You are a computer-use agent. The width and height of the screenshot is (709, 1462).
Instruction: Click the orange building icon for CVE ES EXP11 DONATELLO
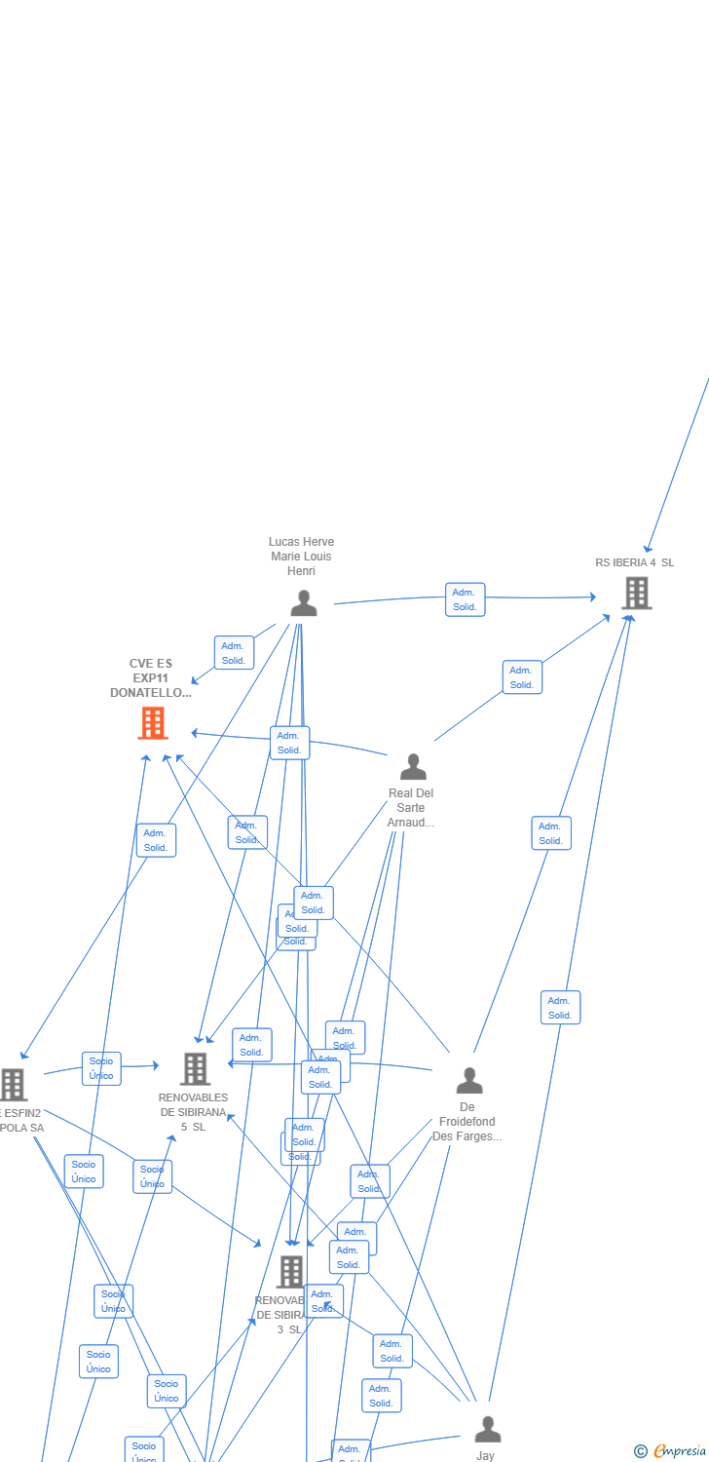click(152, 723)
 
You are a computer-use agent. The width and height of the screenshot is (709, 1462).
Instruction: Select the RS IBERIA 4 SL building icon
click(636, 593)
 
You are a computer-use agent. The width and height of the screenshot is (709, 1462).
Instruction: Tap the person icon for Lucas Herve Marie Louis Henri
click(303, 603)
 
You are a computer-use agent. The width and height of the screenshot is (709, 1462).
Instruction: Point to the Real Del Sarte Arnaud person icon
click(413, 767)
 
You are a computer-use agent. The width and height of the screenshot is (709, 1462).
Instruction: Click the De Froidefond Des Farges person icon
click(469, 1081)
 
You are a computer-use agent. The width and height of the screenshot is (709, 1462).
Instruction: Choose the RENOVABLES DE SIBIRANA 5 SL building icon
click(195, 1069)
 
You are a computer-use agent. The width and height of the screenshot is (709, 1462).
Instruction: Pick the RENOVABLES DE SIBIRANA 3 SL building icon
click(290, 1272)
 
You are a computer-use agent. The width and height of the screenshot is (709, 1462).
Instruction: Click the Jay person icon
click(487, 1430)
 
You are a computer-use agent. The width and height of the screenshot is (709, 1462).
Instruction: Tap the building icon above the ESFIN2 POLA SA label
click(12, 1084)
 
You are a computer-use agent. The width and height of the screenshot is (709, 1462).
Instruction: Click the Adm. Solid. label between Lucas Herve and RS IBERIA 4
click(465, 599)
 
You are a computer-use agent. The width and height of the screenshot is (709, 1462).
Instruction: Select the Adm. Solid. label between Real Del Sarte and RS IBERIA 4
click(522, 677)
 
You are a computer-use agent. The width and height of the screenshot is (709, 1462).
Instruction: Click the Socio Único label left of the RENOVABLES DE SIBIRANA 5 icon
click(101, 1068)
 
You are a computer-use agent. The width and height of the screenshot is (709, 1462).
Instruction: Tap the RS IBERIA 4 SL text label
click(634, 562)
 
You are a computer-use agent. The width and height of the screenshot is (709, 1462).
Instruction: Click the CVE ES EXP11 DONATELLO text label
click(150, 678)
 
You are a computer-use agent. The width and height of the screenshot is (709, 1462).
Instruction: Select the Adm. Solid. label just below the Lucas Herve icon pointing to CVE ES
click(234, 653)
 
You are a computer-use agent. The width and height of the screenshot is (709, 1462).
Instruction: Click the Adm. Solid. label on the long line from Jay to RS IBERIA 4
click(560, 1008)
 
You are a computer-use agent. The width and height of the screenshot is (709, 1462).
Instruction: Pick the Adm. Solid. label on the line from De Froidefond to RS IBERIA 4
click(551, 833)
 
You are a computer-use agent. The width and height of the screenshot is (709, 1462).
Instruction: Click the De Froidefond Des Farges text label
click(467, 1122)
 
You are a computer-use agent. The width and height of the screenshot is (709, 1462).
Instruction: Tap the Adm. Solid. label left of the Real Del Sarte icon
click(289, 743)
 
